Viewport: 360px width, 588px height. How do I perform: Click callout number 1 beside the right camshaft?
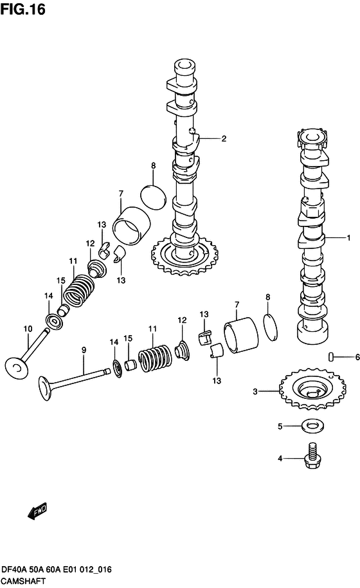[348, 238]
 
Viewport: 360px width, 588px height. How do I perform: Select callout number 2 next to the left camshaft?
[224, 138]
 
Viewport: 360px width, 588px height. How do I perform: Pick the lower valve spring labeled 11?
[154, 358]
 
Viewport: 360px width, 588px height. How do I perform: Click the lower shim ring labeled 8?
[272, 324]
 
